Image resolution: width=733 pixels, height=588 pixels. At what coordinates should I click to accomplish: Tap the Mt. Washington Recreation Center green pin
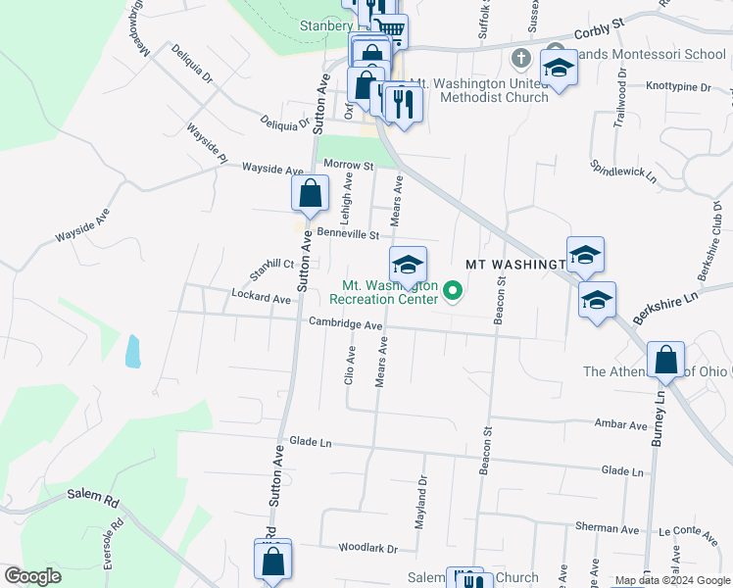(453, 290)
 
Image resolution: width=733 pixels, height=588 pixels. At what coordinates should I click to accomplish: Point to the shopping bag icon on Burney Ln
(666, 360)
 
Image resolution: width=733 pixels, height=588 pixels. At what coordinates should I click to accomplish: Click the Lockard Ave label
(261, 296)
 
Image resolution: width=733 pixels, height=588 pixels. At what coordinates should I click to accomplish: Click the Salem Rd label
(93, 497)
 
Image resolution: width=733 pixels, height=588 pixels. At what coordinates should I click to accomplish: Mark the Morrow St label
(349, 166)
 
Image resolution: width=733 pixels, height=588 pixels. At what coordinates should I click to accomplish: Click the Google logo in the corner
(32, 576)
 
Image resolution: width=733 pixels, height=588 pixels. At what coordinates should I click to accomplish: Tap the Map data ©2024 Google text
(671, 580)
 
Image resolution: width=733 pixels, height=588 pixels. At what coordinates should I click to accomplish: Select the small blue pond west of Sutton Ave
(132, 350)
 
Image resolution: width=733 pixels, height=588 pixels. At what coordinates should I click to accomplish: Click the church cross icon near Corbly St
(521, 60)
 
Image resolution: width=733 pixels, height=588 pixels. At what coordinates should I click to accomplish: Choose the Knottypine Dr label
(678, 87)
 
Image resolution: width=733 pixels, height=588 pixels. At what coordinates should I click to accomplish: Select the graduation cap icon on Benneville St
(408, 265)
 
